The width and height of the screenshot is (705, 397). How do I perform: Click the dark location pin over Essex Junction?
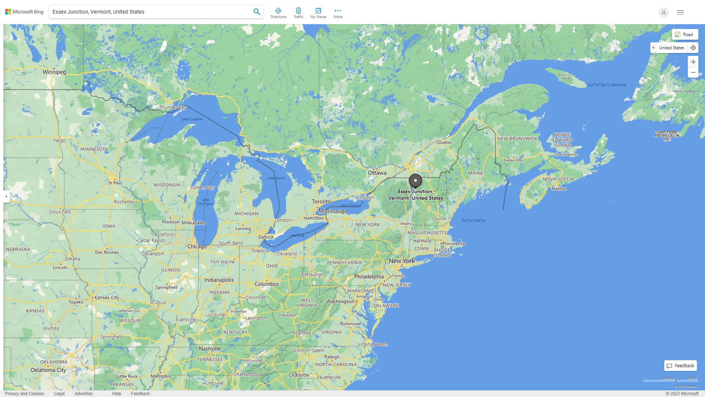point(415,181)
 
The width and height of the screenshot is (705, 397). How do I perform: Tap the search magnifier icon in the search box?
point(257,12)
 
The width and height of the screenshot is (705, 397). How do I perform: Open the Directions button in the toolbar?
point(278,13)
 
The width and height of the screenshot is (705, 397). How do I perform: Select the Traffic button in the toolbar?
point(299,13)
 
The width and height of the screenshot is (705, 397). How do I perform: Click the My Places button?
point(318,13)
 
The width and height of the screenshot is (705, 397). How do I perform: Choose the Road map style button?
point(684,35)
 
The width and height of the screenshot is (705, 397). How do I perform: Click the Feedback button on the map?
point(680,366)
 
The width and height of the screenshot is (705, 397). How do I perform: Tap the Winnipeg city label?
point(54,72)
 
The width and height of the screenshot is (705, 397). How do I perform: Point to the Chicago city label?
point(197,246)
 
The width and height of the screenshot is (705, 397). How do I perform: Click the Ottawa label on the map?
point(377,173)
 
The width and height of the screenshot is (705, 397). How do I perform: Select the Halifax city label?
point(559,189)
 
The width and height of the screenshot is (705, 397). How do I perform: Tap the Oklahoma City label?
point(48,370)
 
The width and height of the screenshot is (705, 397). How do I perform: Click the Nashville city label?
point(210,349)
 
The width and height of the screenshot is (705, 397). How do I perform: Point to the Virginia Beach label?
point(373,344)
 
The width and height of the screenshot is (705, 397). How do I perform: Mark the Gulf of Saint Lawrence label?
point(607,85)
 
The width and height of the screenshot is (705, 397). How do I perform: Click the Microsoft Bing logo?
point(24,12)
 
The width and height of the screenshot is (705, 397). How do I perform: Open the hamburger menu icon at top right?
point(680,12)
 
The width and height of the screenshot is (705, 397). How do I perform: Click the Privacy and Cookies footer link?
point(25,394)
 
